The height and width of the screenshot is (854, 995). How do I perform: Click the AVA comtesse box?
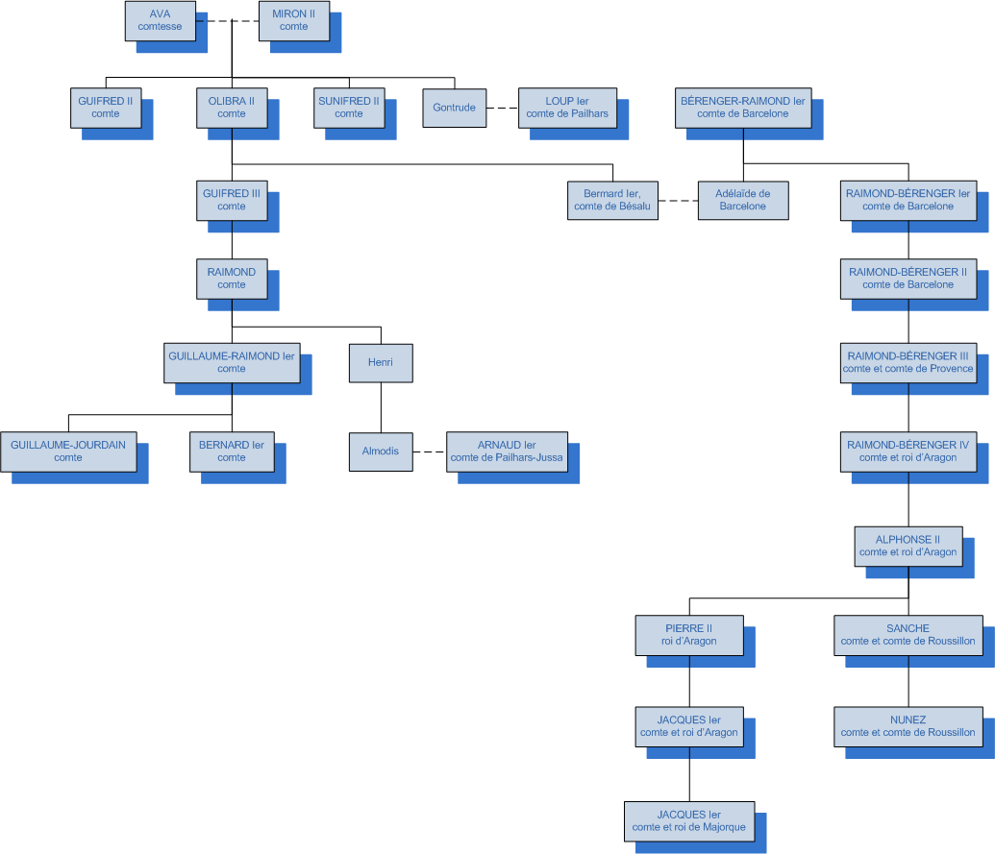click(x=160, y=21)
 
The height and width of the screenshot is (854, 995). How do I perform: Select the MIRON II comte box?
click(x=293, y=21)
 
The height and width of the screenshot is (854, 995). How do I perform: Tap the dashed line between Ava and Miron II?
click(x=227, y=21)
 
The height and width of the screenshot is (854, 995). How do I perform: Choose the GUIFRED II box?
click(x=106, y=108)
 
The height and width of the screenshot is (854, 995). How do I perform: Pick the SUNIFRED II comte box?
click(x=349, y=108)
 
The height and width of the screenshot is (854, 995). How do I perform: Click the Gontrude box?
click(x=454, y=108)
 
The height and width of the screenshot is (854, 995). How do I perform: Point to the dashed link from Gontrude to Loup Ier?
click(x=501, y=108)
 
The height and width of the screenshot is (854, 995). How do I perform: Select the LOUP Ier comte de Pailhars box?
click(x=567, y=108)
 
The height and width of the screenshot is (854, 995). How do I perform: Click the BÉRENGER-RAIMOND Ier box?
click(x=742, y=108)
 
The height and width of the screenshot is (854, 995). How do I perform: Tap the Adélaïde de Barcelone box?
click(x=742, y=200)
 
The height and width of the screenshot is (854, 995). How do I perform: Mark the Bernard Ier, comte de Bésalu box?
click(x=612, y=200)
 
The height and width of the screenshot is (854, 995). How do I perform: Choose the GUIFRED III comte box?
click(x=232, y=200)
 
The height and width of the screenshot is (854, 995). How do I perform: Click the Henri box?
click(x=381, y=363)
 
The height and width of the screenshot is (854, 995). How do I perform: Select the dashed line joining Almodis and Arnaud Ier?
click(x=430, y=451)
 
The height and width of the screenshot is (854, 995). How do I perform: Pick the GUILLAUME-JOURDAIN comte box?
click(x=68, y=451)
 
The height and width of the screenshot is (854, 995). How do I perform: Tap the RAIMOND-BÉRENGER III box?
click(x=908, y=362)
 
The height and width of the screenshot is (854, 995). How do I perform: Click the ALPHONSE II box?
click(x=908, y=546)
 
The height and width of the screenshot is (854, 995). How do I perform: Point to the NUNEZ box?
click(x=908, y=726)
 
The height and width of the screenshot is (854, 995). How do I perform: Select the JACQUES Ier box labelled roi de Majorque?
click(x=688, y=820)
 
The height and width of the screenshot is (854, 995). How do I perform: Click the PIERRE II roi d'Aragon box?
click(x=689, y=635)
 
